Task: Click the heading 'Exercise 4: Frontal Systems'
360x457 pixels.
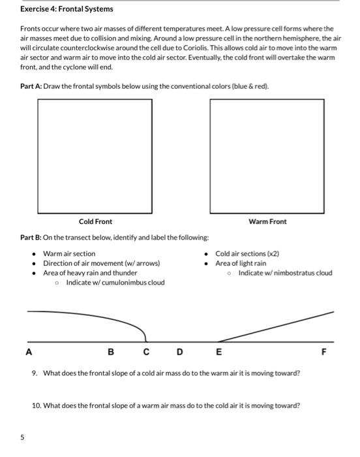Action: click(67, 9)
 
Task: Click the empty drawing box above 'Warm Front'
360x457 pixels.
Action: click(267, 155)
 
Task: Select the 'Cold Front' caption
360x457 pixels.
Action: click(95, 222)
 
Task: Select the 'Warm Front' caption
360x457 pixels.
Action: click(267, 222)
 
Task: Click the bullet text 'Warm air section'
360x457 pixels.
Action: click(69, 253)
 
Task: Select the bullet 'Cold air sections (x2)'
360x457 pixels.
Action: click(247, 253)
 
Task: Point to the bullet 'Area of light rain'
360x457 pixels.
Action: click(241, 263)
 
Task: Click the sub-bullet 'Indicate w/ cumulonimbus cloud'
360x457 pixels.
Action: click(115, 282)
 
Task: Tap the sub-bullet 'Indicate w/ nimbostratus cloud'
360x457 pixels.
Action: click(285, 273)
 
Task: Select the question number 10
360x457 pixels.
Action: click(37, 405)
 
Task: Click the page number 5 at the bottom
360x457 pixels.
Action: click(23, 438)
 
